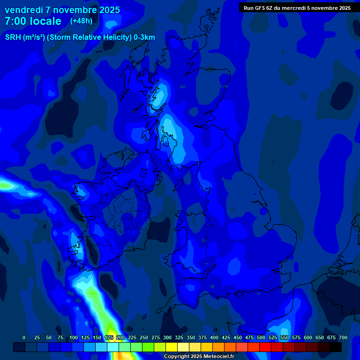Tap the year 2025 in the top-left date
[x=106, y=10]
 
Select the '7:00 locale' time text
[x=33, y=21]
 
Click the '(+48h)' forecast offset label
[x=81, y=21]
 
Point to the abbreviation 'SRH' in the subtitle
[x=14, y=37]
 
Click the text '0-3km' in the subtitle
[x=144, y=37]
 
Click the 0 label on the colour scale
[x=24, y=337]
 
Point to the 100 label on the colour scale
[x=74, y=337]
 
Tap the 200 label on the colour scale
[x=120, y=337]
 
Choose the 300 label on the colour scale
[x=167, y=337]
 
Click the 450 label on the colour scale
[x=238, y=337]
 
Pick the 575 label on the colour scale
[x=296, y=337]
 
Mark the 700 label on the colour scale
[x=343, y=337]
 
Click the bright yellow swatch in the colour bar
[x=172, y=347]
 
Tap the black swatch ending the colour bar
[x=336, y=347]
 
